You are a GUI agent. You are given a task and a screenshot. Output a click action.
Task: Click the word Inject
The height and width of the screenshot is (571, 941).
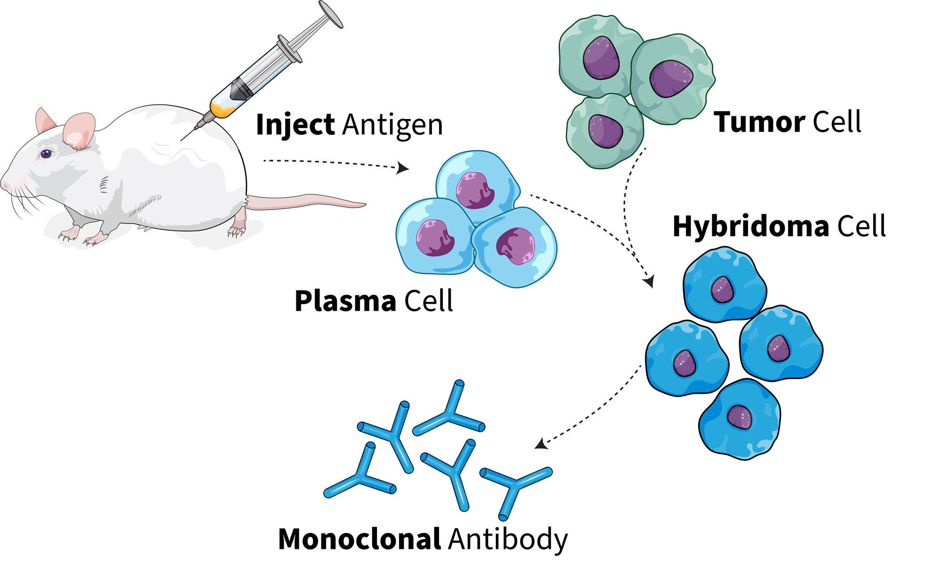point(295,125)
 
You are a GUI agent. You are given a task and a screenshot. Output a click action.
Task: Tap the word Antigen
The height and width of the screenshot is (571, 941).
point(393,126)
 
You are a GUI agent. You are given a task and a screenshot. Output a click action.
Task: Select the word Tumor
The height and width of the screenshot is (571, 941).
point(758,122)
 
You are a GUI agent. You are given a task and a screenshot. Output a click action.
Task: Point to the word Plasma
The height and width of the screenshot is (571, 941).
point(345,301)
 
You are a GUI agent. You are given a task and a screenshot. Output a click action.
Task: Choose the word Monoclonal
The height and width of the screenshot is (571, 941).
point(359,539)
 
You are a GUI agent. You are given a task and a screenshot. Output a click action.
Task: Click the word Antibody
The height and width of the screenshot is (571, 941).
point(508,540)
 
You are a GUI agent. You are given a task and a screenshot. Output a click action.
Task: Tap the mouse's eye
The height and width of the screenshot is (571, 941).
point(46,153)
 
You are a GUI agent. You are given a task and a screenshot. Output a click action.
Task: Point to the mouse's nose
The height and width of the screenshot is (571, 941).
point(5,185)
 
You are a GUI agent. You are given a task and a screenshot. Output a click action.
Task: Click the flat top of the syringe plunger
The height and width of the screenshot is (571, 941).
point(331,14)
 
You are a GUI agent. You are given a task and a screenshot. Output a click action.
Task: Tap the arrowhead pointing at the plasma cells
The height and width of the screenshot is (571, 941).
point(403,168)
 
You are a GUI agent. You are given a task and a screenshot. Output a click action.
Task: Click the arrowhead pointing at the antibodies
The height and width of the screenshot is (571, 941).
point(541,444)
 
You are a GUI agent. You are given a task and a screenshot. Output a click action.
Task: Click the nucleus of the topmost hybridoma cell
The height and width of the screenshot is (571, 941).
point(722,289)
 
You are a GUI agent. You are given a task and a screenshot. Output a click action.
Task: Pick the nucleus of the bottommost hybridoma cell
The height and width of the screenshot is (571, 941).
point(739,417)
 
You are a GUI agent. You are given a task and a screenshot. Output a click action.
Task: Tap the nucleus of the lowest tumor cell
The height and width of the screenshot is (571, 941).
point(606,131)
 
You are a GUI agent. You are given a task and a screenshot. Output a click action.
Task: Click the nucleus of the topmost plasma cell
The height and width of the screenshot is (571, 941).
point(475,190)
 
